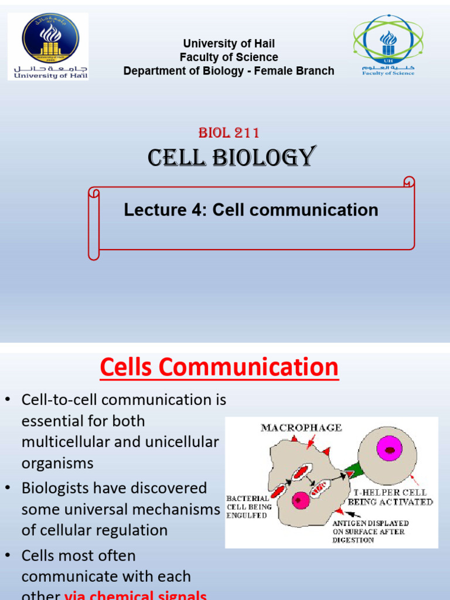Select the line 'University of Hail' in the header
click(x=229, y=43)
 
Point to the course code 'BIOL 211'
click(x=229, y=132)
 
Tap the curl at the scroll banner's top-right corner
click(x=408, y=183)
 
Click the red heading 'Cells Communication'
click(x=219, y=367)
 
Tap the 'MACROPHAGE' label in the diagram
click(x=301, y=428)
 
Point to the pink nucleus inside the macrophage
click(x=301, y=500)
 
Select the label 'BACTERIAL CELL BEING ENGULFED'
click(x=248, y=507)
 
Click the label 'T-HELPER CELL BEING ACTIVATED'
click(x=390, y=497)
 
